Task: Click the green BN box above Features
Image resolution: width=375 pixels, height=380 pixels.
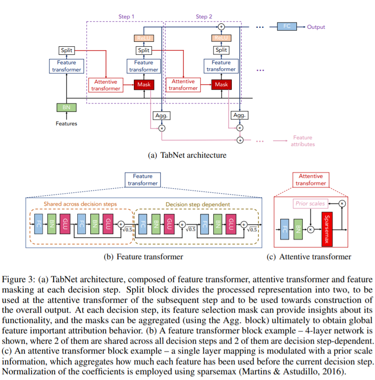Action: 66,107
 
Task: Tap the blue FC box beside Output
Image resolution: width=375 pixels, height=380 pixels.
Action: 287,27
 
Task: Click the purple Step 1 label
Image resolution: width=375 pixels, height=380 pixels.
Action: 126,17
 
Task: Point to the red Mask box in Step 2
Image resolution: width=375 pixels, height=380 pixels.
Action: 221,84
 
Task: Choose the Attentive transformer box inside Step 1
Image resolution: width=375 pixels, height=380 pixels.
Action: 106,85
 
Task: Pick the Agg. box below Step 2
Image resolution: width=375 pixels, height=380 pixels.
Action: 239,115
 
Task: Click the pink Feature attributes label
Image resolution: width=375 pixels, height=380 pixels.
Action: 302,141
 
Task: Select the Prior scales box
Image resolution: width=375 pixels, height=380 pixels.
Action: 309,203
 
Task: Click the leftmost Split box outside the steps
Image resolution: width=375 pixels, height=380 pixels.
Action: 66,51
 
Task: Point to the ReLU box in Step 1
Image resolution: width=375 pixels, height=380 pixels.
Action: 143,39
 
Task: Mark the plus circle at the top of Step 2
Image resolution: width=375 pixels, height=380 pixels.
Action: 221,27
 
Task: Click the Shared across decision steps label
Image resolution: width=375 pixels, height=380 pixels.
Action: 80,204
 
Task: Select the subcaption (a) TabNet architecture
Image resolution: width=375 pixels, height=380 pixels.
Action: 187,155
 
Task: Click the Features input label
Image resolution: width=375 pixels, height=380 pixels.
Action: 66,124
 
